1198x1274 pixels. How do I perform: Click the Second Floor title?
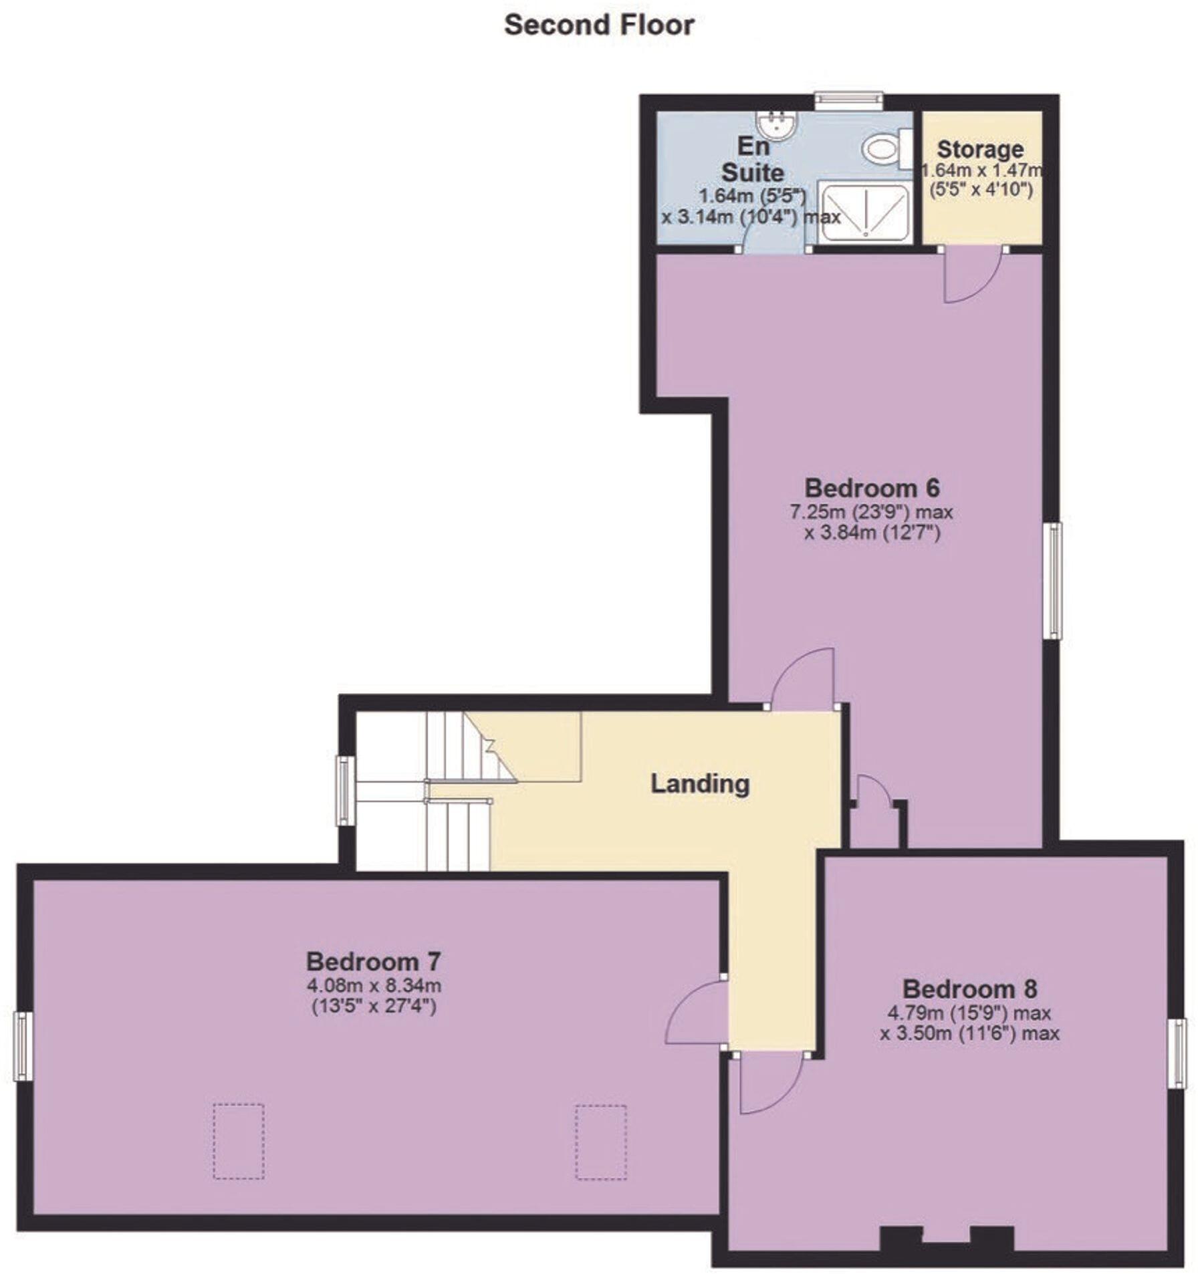pyautogui.click(x=599, y=25)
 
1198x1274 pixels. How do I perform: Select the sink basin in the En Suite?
pyautogui.click(x=776, y=124)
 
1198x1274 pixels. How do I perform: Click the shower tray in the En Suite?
pyautogui.click(x=864, y=213)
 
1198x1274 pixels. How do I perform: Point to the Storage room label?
pyautogui.click(x=980, y=149)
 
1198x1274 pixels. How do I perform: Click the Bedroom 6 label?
pyautogui.click(x=872, y=488)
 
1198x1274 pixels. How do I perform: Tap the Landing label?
pyautogui.click(x=700, y=783)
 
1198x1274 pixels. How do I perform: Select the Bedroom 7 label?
pyautogui.click(x=373, y=962)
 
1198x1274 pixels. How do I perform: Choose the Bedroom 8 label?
pyautogui.click(x=969, y=989)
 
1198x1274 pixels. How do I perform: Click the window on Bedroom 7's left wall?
pyautogui.click(x=23, y=1046)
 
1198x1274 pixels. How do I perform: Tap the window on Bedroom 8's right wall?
pyautogui.click(x=1177, y=1053)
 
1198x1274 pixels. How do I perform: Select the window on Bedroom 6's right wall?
pyautogui.click(x=1052, y=581)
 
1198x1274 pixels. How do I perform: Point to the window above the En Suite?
pyautogui.click(x=848, y=101)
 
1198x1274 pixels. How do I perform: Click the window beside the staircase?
pyautogui.click(x=345, y=790)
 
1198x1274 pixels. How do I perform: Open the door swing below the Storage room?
pyautogui.click(x=971, y=274)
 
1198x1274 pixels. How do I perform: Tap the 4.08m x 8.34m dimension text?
pyautogui.click(x=374, y=985)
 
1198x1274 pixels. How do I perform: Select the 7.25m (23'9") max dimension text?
pyautogui.click(x=871, y=513)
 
